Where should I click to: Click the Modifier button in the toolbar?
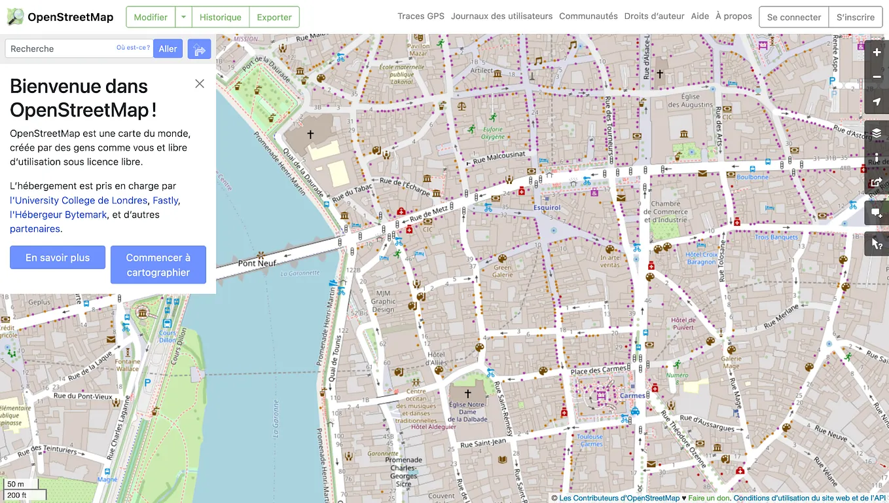[151, 17]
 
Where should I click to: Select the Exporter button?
[274, 17]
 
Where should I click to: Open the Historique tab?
[220, 17]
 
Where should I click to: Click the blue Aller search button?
[168, 48]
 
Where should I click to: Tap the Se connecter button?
[793, 17]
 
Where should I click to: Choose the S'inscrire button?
[855, 17]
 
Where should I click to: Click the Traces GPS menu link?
[421, 16]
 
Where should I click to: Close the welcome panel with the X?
[200, 84]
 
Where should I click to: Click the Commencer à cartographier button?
[158, 265]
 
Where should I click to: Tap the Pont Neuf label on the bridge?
[257, 263]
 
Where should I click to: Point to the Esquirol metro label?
[547, 208]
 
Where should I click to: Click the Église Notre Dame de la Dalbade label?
[467, 412]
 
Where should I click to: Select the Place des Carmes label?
[598, 371]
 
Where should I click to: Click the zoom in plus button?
[877, 52]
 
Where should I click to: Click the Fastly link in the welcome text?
[165, 200]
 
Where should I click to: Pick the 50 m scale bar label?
[16, 485]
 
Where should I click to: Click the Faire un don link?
[708, 498]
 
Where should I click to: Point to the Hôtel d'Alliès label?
[436, 358]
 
